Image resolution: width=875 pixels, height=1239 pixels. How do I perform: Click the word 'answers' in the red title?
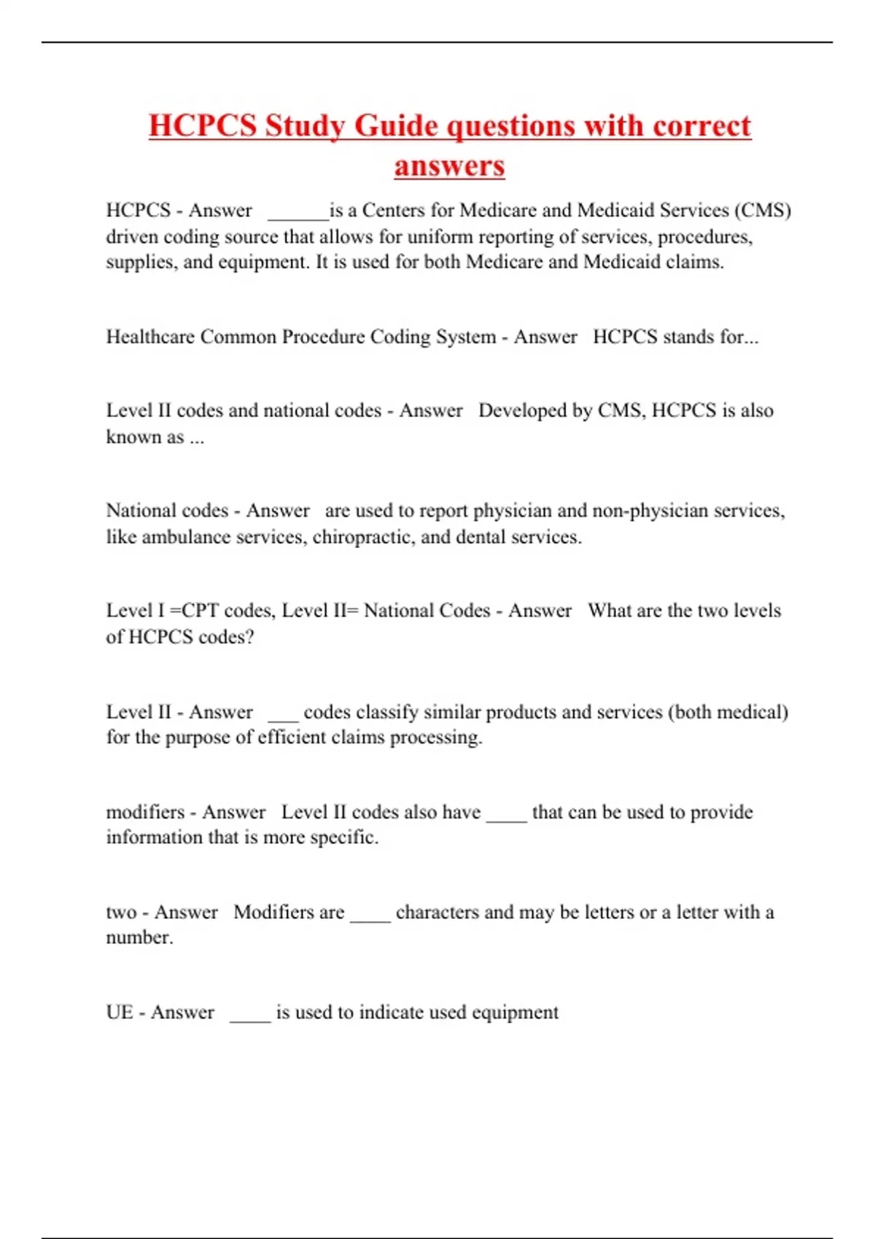[449, 165]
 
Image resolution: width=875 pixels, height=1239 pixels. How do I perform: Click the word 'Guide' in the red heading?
[394, 125]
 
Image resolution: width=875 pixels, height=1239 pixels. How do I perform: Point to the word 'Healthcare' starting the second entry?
[150, 337]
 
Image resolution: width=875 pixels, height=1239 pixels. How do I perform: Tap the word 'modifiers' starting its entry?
[145, 812]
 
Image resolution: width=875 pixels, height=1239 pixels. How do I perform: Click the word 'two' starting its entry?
[121, 912]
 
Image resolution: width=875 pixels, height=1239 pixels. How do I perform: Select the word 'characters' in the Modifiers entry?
[437, 912]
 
